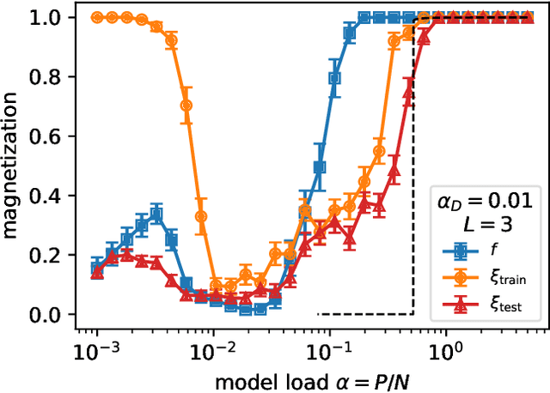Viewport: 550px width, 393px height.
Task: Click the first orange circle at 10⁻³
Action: pyautogui.click(x=97, y=17)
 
